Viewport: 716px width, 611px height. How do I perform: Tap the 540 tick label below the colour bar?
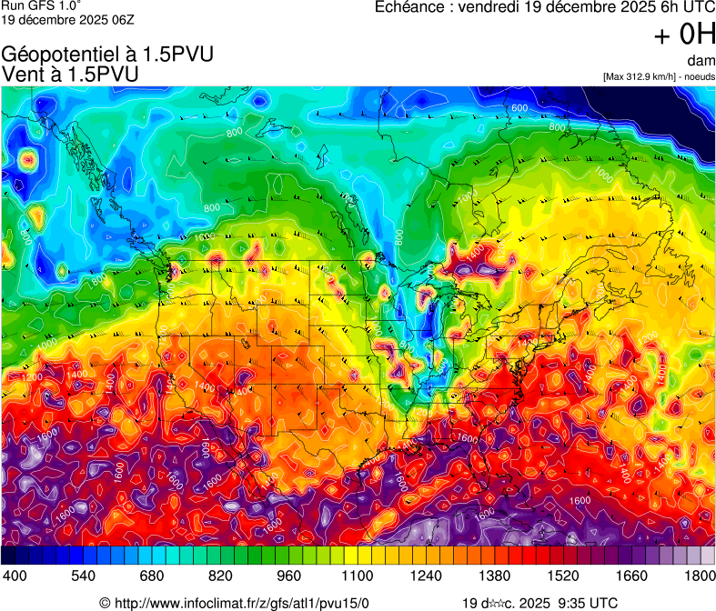tap(83, 576)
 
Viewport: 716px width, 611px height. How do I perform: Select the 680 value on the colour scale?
tap(151, 576)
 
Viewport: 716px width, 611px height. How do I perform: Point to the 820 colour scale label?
tap(219, 576)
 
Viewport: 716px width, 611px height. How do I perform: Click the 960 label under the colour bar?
tap(287, 576)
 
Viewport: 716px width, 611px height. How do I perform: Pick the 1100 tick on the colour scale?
tap(358, 576)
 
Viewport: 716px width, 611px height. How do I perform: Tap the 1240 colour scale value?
tap(426, 576)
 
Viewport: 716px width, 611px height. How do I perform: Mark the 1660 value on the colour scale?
tap(631, 576)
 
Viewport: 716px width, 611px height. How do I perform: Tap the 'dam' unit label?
tap(701, 61)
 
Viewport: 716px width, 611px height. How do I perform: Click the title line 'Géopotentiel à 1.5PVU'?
tap(108, 55)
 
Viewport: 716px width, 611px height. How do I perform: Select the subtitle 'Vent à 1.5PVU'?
tap(71, 74)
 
